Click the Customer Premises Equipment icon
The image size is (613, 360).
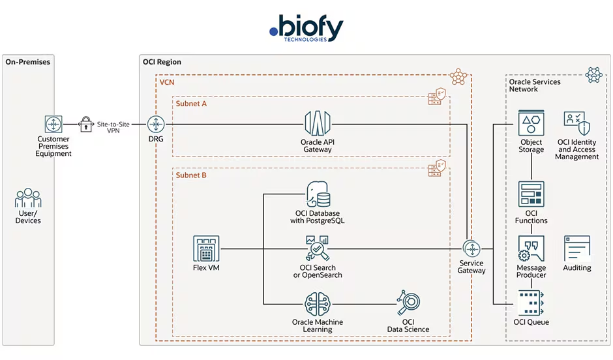point(53,123)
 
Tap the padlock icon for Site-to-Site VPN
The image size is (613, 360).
point(86,123)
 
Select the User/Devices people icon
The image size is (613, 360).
point(28,198)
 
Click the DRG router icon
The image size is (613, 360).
point(156,123)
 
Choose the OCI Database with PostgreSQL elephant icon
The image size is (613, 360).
point(317,195)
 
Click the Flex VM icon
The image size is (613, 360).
point(206,248)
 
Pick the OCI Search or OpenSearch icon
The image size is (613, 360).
point(317,249)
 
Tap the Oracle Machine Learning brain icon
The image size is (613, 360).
point(317,305)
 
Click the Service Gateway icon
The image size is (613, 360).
point(471,248)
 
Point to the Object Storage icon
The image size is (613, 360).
point(531,123)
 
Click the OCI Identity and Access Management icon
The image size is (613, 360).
point(577,123)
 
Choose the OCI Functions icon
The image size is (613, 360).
point(531,194)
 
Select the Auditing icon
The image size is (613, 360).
point(577,248)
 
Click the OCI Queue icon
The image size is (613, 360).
point(531,303)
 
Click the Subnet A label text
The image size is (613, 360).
point(191,104)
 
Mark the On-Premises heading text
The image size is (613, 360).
point(28,62)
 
